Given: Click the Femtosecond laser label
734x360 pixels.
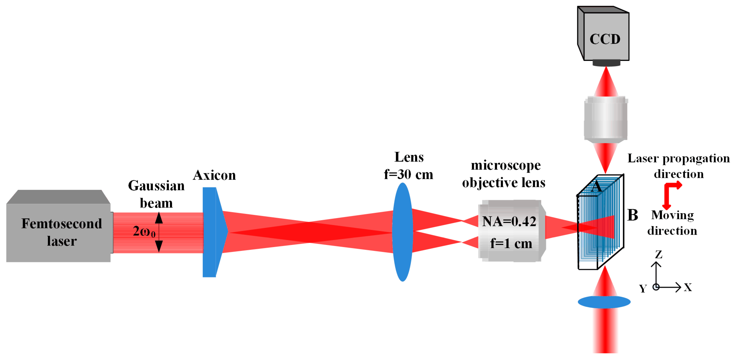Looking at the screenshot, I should pyautogui.click(x=62, y=232).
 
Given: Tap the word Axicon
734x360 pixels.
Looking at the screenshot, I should pyautogui.click(x=214, y=175).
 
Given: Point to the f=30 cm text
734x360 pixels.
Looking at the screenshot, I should pyautogui.click(x=408, y=174).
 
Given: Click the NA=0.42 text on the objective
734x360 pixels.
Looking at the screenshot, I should pyautogui.click(x=509, y=221).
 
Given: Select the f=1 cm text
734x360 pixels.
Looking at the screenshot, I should pyautogui.click(x=511, y=243).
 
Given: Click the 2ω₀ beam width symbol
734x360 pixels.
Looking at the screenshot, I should pyautogui.click(x=144, y=232).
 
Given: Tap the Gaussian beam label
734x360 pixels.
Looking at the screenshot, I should pyautogui.click(x=156, y=194).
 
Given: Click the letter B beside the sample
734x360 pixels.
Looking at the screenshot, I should pyautogui.click(x=632, y=215).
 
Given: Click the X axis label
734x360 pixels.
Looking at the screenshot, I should pyautogui.click(x=688, y=287).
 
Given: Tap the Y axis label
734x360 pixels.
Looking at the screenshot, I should pyautogui.click(x=643, y=289).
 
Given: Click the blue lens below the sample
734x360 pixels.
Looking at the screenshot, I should pyautogui.click(x=604, y=302).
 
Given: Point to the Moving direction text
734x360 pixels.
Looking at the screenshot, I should pyautogui.click(x=672, y=223).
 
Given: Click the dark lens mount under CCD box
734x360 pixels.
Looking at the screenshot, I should pyautogui.click(x=606, y=63).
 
